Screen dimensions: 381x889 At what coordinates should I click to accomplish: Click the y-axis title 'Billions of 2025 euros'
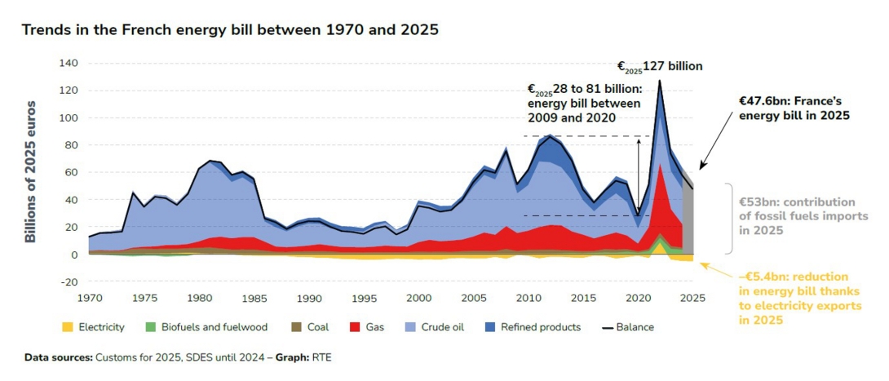(x=31, y=171)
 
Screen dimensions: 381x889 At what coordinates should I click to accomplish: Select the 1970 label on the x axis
(x=89, y=299)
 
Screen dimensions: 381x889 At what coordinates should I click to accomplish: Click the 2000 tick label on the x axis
(x=418, y=299)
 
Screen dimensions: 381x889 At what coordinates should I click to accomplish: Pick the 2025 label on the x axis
(x=692, y=299)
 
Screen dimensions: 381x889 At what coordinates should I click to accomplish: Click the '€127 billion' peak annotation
(x=659, y=67)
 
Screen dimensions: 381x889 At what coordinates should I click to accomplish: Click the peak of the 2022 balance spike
(x=659, y=81)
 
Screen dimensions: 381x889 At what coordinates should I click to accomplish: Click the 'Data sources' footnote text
(x=178, y=357)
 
